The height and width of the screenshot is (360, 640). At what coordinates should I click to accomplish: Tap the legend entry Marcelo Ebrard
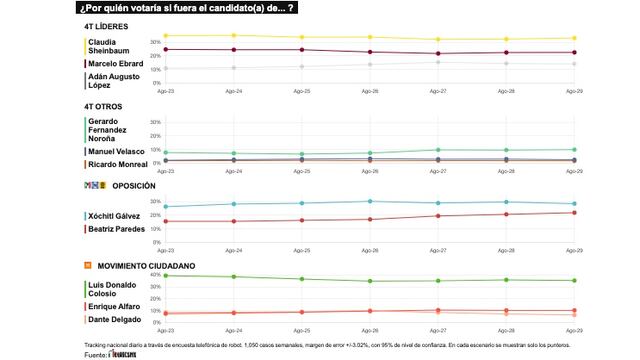115,64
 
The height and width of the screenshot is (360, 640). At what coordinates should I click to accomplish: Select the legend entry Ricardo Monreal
117,163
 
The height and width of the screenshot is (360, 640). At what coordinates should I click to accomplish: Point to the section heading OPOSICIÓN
134,186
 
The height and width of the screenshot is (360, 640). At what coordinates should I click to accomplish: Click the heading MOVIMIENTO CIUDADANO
145,266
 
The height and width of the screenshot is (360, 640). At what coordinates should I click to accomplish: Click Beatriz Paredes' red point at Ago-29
574,212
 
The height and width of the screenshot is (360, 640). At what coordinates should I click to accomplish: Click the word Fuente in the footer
96,354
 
